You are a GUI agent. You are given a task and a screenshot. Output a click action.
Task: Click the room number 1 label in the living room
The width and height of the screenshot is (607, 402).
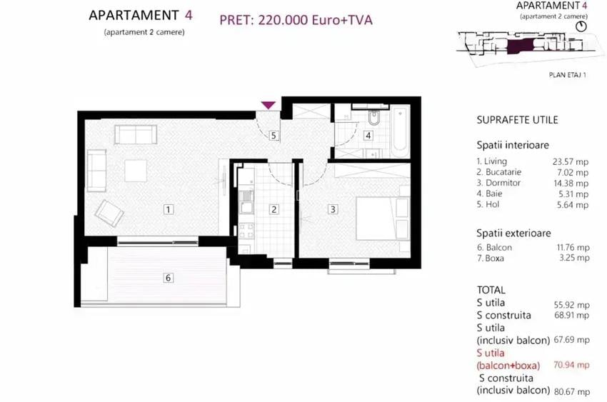[x=167, y=209]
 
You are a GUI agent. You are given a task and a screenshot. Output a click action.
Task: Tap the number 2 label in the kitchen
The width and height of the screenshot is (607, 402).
[x=274, y=209]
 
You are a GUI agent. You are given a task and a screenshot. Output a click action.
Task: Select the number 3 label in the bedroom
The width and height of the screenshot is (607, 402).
[x=333, y=209]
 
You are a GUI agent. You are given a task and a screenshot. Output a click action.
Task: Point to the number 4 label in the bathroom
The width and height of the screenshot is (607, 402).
[x=368, y=135]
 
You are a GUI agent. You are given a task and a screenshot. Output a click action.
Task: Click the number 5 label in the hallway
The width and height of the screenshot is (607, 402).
[x=274, y=134]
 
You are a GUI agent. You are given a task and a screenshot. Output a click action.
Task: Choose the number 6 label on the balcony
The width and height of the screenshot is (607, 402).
[x=169, y=278]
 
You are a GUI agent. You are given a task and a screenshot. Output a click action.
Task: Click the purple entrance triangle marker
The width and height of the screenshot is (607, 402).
[x=268, y=105]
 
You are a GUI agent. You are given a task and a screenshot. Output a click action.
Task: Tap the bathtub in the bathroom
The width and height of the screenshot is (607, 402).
[x=399, y=129]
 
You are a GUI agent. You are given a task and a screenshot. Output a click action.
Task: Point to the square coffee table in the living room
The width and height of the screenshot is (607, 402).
[x=136, y=171]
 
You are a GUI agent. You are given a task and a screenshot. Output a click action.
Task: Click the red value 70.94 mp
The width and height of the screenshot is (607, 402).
[x=571, y=365]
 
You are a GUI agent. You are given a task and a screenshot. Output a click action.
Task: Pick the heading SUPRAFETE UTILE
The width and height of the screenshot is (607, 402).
[x=517, y=120]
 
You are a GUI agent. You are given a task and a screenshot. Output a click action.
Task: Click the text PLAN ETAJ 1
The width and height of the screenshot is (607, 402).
[x=567, y=74]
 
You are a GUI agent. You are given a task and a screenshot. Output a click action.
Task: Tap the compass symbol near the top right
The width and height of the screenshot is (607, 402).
[x=581, y=25]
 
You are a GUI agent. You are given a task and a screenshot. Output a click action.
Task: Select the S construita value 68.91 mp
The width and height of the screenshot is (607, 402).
[x=571, y=315]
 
